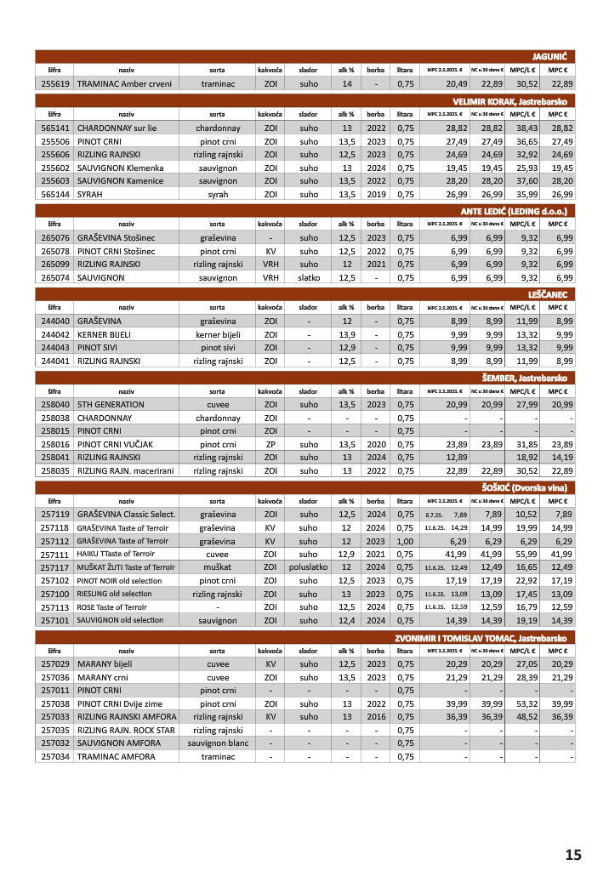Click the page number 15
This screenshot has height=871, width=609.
[572, 854]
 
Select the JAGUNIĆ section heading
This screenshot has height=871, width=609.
[550, 56]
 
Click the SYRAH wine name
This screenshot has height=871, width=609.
[90, 194]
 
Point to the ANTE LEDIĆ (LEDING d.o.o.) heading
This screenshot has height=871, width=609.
[513, 210]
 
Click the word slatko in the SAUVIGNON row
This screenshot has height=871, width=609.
[308, 277]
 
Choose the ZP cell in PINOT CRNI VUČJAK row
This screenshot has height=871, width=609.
[270, 444]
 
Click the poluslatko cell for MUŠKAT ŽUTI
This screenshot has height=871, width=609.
[308, 567]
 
